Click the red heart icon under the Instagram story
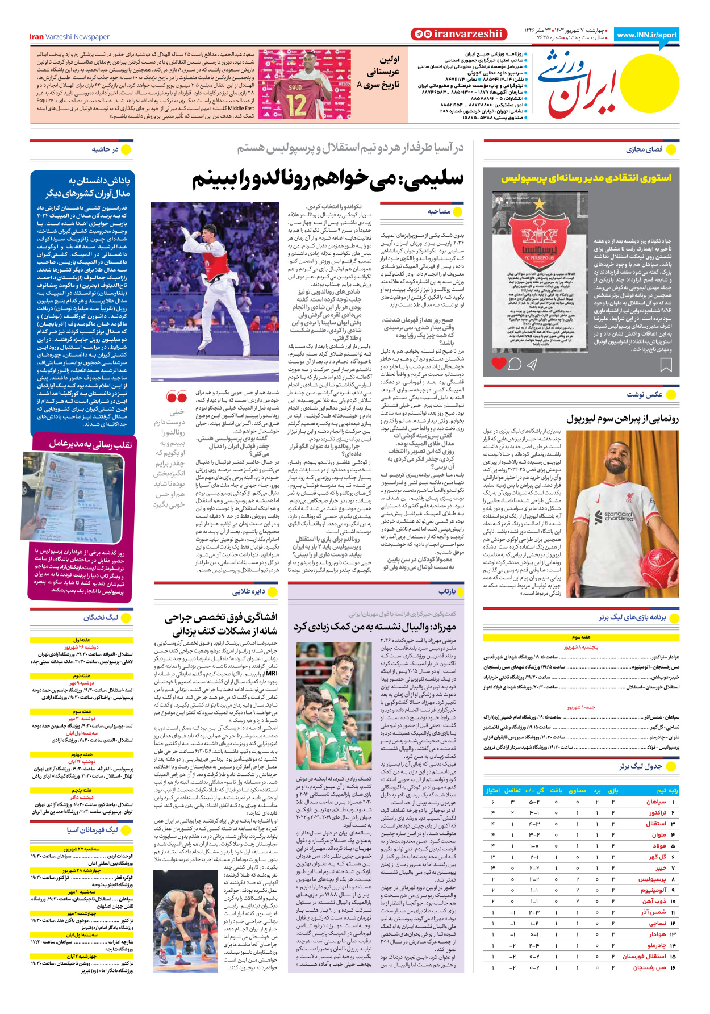(x=499, y=364)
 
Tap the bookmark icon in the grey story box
(x=666, y=365)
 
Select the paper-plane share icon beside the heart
(x=532, y=364)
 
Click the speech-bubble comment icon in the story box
(x=515, y=364)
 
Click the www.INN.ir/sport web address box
(x=646, y=35)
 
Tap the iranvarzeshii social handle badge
(x=458, y=34)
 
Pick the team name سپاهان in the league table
(x=655, y=802)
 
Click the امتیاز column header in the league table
(x=492, y=790)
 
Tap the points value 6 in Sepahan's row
(x=492, y=802)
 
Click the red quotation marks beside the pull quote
(x=177, y=396)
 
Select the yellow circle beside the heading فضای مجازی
(x=671, y=149)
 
